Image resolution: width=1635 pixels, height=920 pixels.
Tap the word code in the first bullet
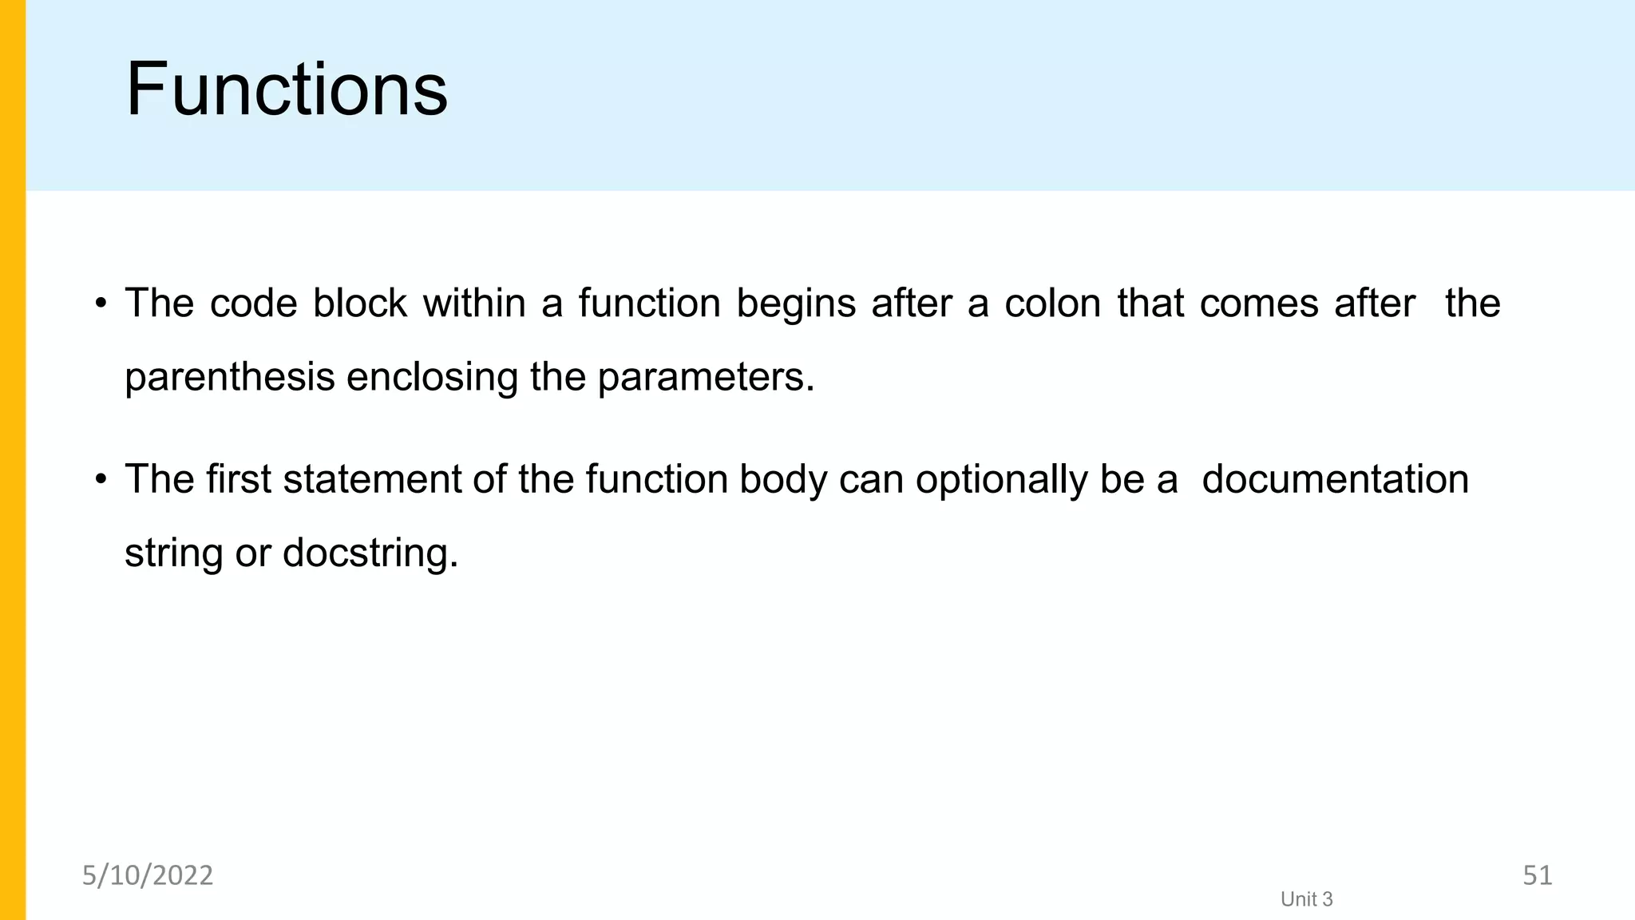[253, 303]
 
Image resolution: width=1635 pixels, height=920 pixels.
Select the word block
[359, 303]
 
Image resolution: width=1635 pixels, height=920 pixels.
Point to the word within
[474, 303]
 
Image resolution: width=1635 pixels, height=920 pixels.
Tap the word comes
[1258, 303]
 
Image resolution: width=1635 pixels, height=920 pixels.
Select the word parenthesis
[229, 377]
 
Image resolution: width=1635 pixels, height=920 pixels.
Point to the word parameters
[706, 377]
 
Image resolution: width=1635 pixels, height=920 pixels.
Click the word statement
[372, 479]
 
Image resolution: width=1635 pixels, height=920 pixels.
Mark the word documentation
[1335, 479]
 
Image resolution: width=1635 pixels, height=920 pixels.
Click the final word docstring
[370, 553]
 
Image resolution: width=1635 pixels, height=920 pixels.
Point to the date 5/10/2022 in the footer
[148, 875]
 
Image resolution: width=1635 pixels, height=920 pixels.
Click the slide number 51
[1537, 875]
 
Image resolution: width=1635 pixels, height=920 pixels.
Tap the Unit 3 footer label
[1306, 899]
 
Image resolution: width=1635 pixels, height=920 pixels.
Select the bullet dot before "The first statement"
[101, 479]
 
